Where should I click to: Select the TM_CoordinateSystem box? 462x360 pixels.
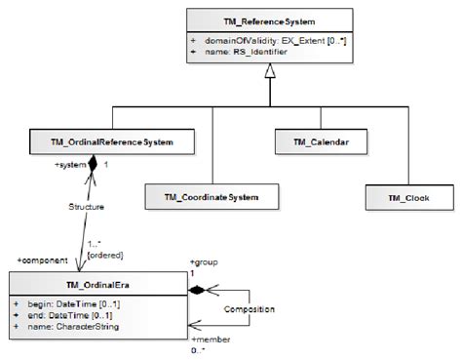pos(204,198)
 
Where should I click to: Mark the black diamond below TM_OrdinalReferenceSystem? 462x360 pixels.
pos(93,166)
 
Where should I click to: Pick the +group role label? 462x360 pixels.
pos(205,263)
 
